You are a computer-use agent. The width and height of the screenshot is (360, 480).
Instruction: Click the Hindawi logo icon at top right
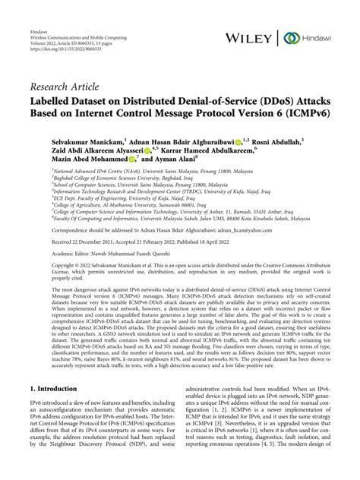[290, 37]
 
